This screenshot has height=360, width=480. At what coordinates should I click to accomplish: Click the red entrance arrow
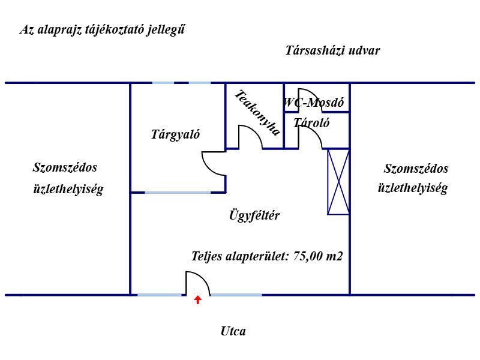(197, 299)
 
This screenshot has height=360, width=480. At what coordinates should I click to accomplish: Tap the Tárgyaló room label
(175, 134)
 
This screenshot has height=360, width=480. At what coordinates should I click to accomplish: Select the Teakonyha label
(257, 113)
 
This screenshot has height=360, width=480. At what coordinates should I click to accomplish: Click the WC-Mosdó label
(314, 103)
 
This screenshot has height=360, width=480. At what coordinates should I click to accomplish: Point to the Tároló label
(311, 123)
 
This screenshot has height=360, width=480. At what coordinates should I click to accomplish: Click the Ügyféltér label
(254, 215)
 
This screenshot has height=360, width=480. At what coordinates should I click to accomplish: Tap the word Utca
(233, 331)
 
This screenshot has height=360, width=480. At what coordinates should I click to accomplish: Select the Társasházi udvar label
(332, 50)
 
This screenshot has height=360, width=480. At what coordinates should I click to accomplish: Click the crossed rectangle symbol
(338, 181)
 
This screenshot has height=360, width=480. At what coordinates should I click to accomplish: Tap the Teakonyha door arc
(250, 136)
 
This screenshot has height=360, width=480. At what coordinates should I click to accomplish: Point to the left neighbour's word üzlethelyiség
(68, 190)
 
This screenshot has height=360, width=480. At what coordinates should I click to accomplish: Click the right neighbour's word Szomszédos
(416, 169)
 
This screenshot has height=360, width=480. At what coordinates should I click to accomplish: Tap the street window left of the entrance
(160, 295)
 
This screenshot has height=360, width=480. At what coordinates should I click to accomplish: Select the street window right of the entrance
(236, 295)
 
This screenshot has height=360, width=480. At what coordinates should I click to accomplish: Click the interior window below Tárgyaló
(178, 193)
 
